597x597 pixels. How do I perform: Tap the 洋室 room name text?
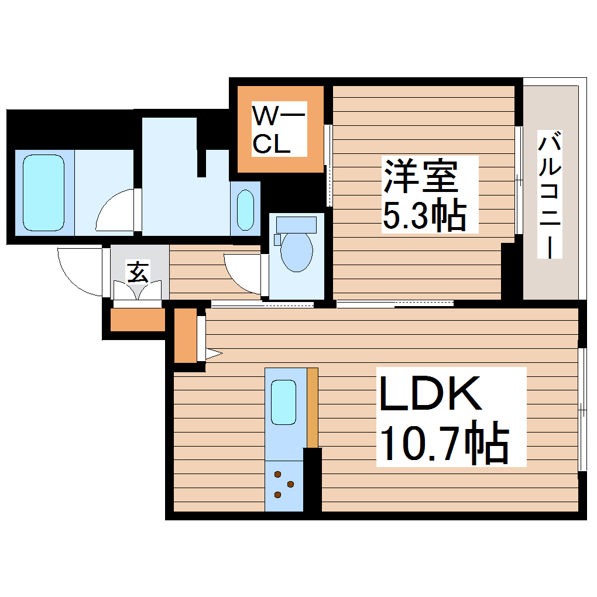420,176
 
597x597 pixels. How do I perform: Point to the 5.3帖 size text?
424,217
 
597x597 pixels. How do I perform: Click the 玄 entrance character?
138,272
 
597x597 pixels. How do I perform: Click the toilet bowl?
296,252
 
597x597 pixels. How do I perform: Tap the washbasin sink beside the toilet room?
245,210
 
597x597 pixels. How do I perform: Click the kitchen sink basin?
284,402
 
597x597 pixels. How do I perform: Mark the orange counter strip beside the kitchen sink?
313,407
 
